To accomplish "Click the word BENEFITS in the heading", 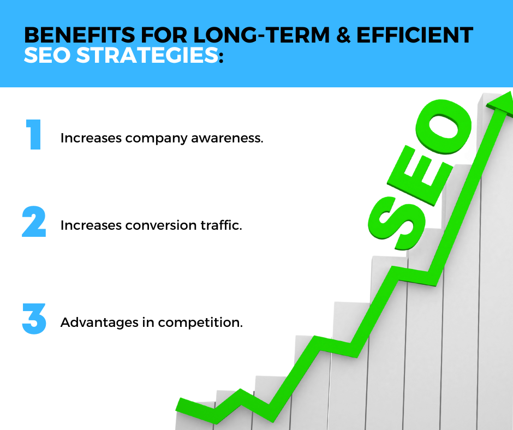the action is pos(80,35).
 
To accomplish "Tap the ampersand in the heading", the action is pos(343,35).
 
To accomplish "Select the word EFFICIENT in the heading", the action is pos(415,35).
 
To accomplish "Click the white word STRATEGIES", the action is pos(147,55).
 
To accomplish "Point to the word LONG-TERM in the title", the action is pos(261,35).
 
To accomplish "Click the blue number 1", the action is pos(33,134).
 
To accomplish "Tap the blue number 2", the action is pos(34,222).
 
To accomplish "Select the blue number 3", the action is pos(34,319).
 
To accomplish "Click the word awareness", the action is pos(227,138).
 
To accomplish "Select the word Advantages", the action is pos(99,323).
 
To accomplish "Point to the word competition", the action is pos(200,323).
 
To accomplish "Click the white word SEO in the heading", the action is pos(47,55).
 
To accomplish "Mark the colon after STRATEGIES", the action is pos(221,57).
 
